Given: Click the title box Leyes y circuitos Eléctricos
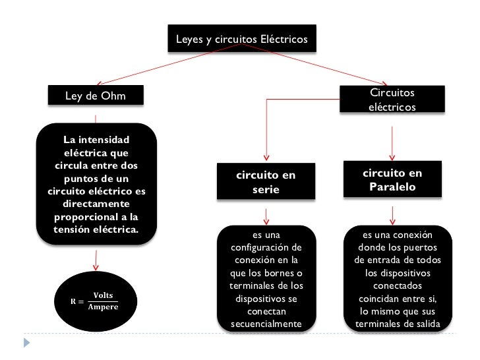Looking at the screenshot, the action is [241, 40].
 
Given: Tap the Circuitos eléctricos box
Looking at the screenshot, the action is [392, 99].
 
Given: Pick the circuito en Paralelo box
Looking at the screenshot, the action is [392, 179].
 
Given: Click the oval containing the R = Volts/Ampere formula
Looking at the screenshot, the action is [95, 301].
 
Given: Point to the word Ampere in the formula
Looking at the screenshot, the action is [103, 307].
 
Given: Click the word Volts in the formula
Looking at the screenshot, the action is [102, 295].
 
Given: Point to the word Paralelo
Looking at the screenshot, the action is [392, 187].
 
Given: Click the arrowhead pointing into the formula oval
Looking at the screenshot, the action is [96, 267].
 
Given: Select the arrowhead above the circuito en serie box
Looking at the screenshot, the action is [266, 158].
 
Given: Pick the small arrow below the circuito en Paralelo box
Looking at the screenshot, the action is [393, 218].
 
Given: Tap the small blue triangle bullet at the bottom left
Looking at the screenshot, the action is [27, 343].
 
